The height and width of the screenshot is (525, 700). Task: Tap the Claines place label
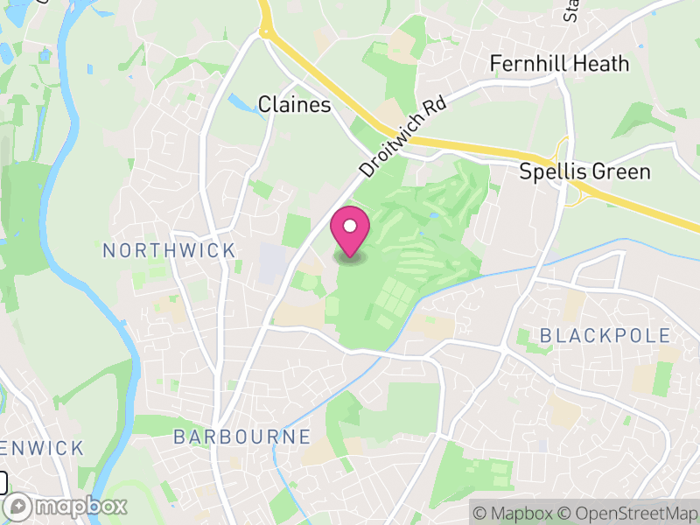(x=295, y=105)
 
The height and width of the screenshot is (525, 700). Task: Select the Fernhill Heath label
(x=559, y=64)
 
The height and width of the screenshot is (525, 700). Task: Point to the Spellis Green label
(x=584, y=171)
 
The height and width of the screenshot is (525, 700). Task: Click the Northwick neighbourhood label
(x=169, y=251)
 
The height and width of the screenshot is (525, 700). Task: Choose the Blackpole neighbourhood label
(x=605, y=335)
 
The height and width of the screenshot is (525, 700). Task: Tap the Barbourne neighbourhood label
(x=241, y=437)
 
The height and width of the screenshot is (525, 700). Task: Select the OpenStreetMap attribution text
(x=628, y=513)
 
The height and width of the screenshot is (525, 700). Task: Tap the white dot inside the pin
(x=350, y=227)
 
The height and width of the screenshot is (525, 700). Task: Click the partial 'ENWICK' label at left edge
(x=42, y=449)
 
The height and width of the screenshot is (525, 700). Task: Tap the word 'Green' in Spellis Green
(x=619, y=171)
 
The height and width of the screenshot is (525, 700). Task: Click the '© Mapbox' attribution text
(x=511, y=513)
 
